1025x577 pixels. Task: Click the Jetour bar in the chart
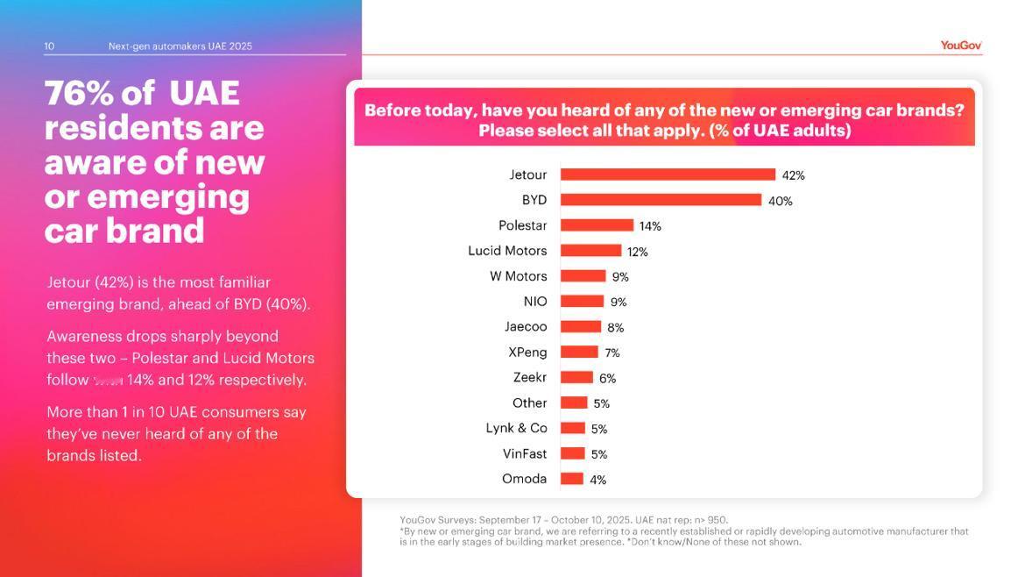[668, 175]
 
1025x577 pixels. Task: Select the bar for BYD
[661, 200]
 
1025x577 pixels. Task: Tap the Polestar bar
[597, 225]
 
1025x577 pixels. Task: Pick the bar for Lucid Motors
[590, 251]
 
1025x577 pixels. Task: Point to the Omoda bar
[572, 479]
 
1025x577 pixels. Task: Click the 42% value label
[793, 175]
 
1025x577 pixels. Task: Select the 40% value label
[780, 201]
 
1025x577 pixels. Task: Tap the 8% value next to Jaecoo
[615, 327]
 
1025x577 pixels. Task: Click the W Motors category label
[518, 276]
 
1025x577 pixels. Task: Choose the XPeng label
[527, 352]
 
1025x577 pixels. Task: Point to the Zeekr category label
[529, 377]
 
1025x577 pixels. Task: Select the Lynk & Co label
[516, 428]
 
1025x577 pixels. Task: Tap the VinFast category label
[524, 453]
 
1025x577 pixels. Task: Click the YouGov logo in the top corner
[960, 46]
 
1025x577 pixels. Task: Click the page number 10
[49, 46]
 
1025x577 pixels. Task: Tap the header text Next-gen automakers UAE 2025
[180, 46]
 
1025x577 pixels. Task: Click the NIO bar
[582, 302]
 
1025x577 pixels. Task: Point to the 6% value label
[607, 378]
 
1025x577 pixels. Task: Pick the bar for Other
[574, 402]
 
